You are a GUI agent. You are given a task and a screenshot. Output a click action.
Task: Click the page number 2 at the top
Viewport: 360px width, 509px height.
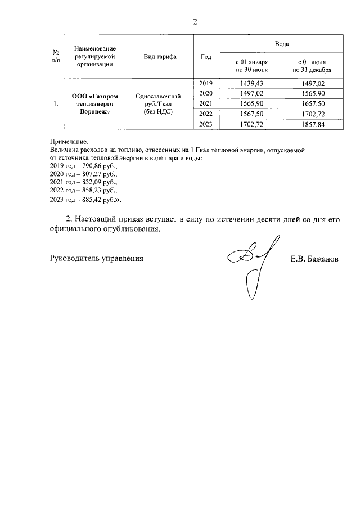pos(195,22)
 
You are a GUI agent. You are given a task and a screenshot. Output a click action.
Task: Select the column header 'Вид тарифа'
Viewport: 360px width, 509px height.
pos(160,57)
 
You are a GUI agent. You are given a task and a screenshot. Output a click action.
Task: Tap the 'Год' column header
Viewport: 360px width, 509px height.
pos(206,57)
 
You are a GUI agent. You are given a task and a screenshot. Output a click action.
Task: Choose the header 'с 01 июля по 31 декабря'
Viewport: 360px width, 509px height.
pos(312,65)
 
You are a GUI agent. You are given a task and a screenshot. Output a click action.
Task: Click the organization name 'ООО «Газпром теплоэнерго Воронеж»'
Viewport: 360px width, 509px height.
pos(94,104)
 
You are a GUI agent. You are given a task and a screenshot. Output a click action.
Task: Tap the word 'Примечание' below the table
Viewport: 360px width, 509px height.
pos(69,143)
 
